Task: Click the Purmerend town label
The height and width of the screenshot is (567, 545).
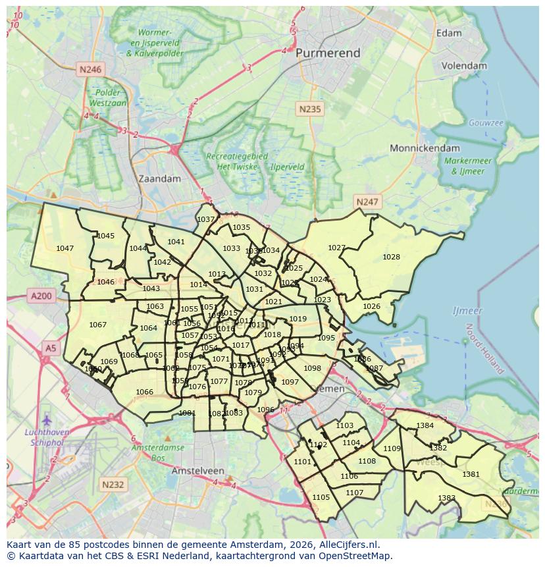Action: point(328,53)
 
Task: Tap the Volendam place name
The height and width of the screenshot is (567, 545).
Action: point(464,66)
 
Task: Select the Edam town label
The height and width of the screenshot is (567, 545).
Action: point(449,33)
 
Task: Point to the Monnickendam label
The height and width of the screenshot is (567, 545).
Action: point(425,148)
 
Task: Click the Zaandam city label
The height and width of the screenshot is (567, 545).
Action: point(159,178)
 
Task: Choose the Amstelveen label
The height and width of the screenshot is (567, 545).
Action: point(197,472)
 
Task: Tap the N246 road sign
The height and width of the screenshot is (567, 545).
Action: point(90,69)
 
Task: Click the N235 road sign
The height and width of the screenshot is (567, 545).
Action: point(309,109)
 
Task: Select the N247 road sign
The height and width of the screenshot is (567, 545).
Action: point(367,202)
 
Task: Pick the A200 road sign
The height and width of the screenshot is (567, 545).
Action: point(41,296)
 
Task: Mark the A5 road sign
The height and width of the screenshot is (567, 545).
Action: point(50,347)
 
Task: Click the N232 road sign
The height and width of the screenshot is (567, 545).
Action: point(113,485)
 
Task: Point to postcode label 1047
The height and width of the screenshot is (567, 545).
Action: point(65,248)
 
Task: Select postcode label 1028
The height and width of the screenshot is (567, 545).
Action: point(391,257)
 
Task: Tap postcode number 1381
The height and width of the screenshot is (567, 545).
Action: point(471,474)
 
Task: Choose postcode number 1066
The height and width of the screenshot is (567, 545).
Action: point(144,392)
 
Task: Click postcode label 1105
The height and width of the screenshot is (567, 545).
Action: point(321,497)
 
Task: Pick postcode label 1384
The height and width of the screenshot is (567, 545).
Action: point(425,425)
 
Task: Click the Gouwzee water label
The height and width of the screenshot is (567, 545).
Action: point(486,123)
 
